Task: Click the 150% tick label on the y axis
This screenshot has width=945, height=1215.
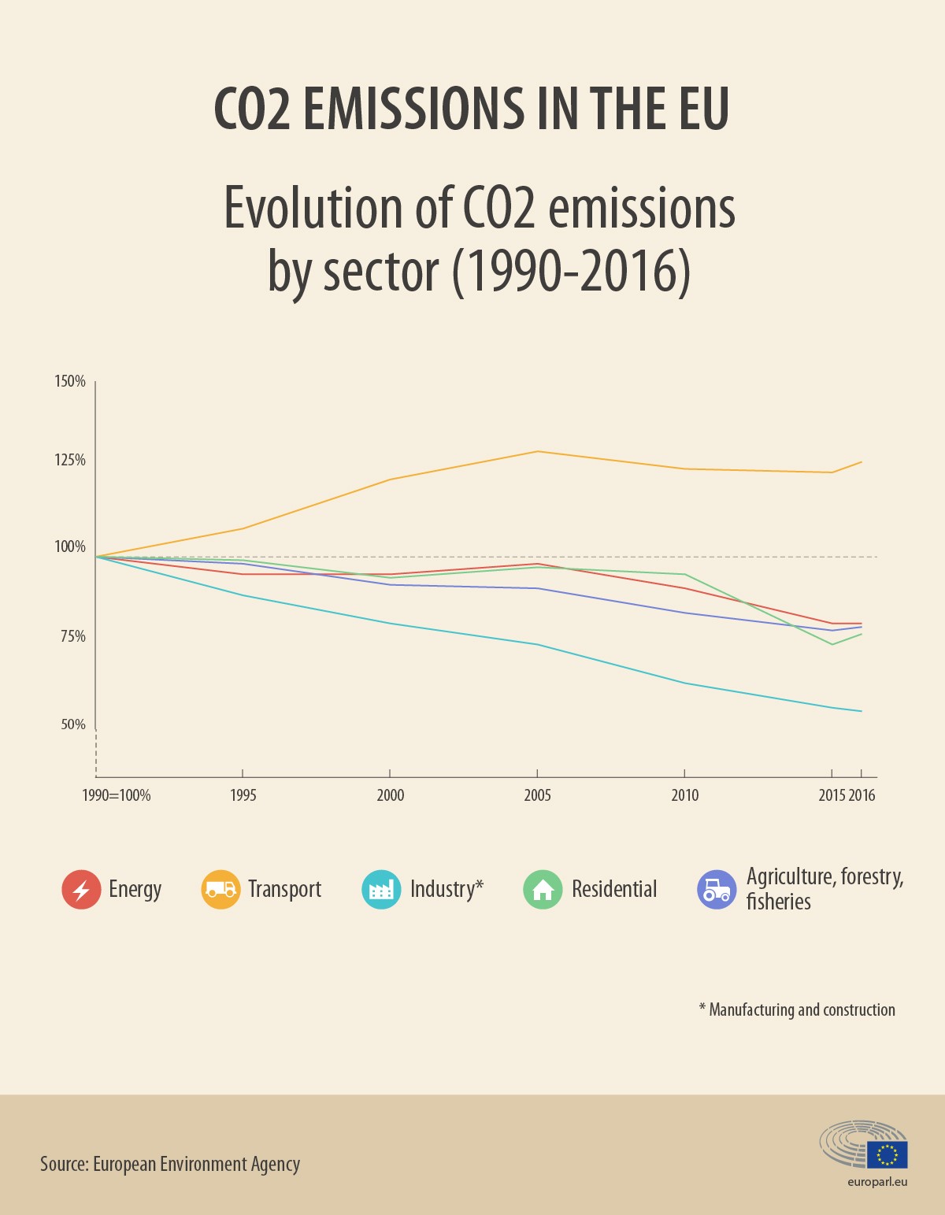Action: point(69,381)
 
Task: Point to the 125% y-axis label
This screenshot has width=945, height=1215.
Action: point(69,460)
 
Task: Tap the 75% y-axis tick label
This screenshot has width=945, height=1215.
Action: point(72,636)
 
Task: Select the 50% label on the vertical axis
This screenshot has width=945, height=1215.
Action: point(72,724)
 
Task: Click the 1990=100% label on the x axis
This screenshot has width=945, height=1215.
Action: point(117,795)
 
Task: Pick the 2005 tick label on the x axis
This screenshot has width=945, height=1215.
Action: point(538,795)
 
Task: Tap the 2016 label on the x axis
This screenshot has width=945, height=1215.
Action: point(862,795)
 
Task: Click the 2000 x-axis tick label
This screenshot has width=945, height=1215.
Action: point(391,795)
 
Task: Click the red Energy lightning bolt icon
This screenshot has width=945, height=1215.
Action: point(81,890)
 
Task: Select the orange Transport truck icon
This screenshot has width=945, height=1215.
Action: point(220,890)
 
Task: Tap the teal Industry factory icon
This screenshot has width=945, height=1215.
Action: point(381,890)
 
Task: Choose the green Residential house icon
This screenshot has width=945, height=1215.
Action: point(543,890)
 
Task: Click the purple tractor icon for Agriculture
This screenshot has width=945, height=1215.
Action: point(717,890)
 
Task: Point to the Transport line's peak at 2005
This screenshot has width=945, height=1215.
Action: point(537,451)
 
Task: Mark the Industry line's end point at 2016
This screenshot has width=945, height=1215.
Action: point(862,711)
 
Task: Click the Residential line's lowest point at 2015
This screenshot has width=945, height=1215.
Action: point(832,644)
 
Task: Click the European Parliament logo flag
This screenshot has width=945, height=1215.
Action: point(888,1154)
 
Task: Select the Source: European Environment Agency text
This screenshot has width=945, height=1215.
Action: point(170,1164)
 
